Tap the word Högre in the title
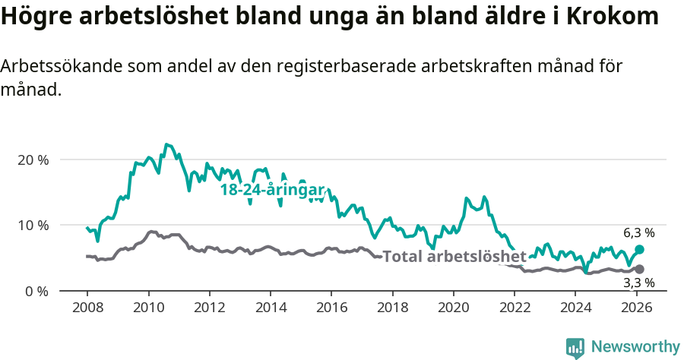point(32,17)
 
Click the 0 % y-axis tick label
point(36,291)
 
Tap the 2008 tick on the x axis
point(87,307)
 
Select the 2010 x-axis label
point(147,307)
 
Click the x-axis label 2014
point(270,307)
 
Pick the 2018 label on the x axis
point(392,307)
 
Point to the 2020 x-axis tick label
point(453,307)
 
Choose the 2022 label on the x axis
point(514,307)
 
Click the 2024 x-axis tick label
point(575,307)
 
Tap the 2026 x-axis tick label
point(636,307)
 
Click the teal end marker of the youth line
point(639,249)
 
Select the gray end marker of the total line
point(639,269)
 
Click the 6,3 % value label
point(638,233)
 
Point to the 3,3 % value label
point(638,283)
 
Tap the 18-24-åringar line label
point(273,190)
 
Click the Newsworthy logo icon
point(575,347)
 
